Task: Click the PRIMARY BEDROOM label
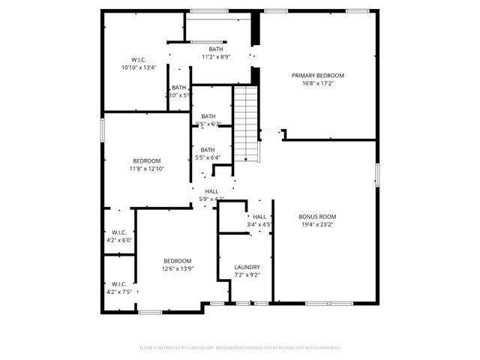tap(317, 76)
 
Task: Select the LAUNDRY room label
tap(247, 267)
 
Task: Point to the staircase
tap(247, 124)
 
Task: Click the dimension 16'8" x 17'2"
tap(317, 84)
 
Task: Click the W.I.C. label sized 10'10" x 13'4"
tap(138, 59)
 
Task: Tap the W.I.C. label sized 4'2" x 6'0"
tap(118, 232)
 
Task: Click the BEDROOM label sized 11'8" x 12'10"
tap(146, 160)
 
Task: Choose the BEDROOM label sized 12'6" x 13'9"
tap(178, 260)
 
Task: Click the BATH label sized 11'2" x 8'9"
tap(215, 49)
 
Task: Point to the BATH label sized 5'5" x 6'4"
tap(208, 149)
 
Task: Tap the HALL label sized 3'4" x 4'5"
tap(259, 216)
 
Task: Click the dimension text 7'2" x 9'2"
tap(247, 275)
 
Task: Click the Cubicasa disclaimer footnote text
tap(240, 348)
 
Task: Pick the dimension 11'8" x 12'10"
tap(146, 169)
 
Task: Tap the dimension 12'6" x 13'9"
tap(178, 268)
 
